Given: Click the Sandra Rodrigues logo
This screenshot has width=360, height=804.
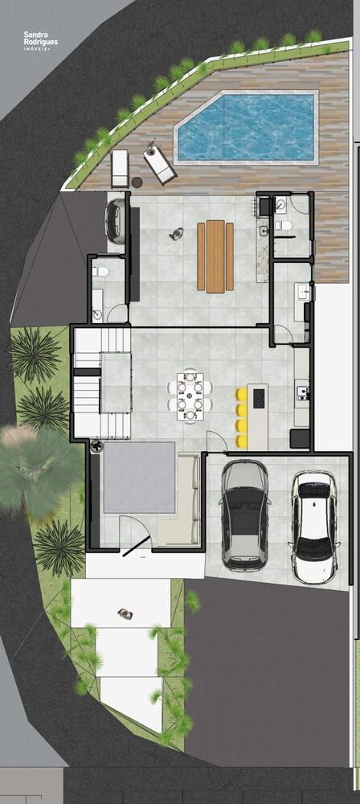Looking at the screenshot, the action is [x=40, y=40].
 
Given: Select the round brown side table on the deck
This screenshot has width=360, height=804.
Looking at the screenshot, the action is [x=137, y=182].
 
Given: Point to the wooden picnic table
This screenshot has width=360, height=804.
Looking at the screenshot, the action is [x=215, y=256].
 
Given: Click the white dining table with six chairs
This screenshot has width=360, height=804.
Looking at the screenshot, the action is [x=190, y=396].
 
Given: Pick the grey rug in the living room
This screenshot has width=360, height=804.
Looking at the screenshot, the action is [x=140, y=478].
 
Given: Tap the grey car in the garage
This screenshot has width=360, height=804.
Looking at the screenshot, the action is [x=245, y=515].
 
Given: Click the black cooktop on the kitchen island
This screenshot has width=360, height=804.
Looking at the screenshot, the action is [x=259, y=398].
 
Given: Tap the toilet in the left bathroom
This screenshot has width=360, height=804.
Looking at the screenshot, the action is [x=100, y=271].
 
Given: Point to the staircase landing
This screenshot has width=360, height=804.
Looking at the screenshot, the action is [x=116, y=383].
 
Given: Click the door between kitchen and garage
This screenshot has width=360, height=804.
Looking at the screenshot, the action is [x=217, y=441].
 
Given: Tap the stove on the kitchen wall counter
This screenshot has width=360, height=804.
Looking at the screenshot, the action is [x=301, y=392].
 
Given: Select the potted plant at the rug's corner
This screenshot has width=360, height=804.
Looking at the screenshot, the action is [x=96, y=446].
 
